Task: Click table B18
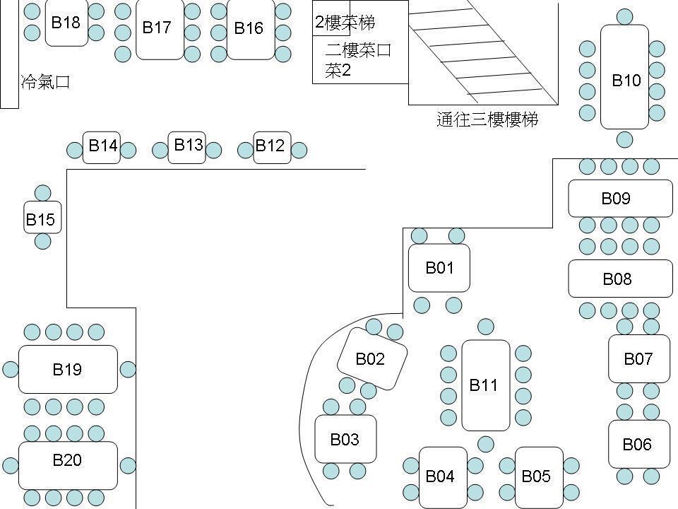[x=66, y=23]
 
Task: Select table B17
[x=159, y=28]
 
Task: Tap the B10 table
[x=624, y=78]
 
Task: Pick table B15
[x=40, y=218]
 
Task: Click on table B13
[x=187, y=147]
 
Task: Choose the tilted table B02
[x=372, y=358]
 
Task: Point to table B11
[x=485, y=385]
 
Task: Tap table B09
[x=620, y=199]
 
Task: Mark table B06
[x=638, y=444]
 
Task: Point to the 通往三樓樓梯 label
[x=487, y=119]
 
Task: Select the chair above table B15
[x=42, y=193]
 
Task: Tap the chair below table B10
[x=624, y=139]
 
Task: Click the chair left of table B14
[x=74, y=150]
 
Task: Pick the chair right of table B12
[x=299, y=150]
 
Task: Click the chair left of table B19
[x=10, y=369]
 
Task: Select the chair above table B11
[x=486, y=327]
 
